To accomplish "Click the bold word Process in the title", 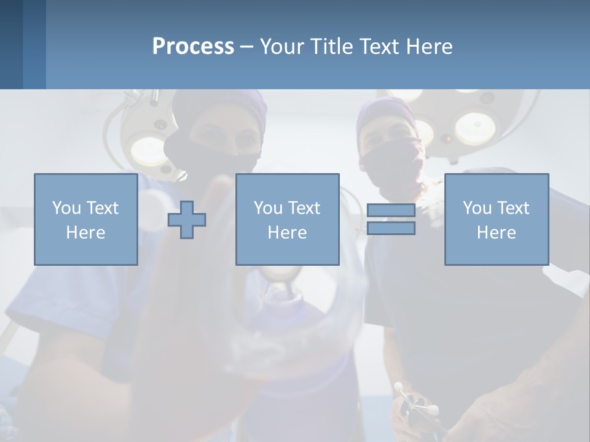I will click(x=193, y=47).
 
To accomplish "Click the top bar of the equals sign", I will click(x=391, y=211).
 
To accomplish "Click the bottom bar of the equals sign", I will click(x=391, y=228).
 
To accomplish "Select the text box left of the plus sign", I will click(x=86, y=219).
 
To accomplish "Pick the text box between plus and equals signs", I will click(x=287, y=219).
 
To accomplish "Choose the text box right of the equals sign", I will click(x=497, y=219).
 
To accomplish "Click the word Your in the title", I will click(x=282, y=47).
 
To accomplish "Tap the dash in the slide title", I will click(x=246, y=47).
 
